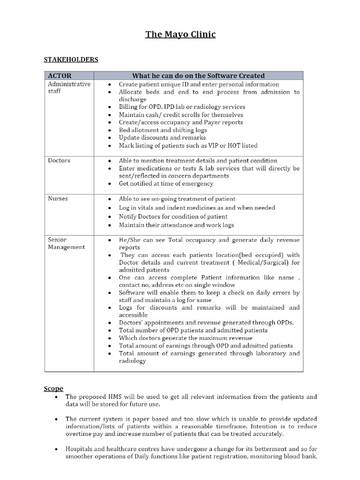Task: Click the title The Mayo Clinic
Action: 180,34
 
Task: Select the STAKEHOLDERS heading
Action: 71,60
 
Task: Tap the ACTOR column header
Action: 60,75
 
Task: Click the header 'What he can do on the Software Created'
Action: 198,75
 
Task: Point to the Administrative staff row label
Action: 69,88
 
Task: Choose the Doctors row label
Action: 59,160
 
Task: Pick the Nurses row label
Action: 58,199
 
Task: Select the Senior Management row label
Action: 66,243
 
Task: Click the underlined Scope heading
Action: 53,388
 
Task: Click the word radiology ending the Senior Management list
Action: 133,361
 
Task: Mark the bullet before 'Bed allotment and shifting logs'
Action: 109,130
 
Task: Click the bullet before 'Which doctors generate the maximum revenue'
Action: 109,338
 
